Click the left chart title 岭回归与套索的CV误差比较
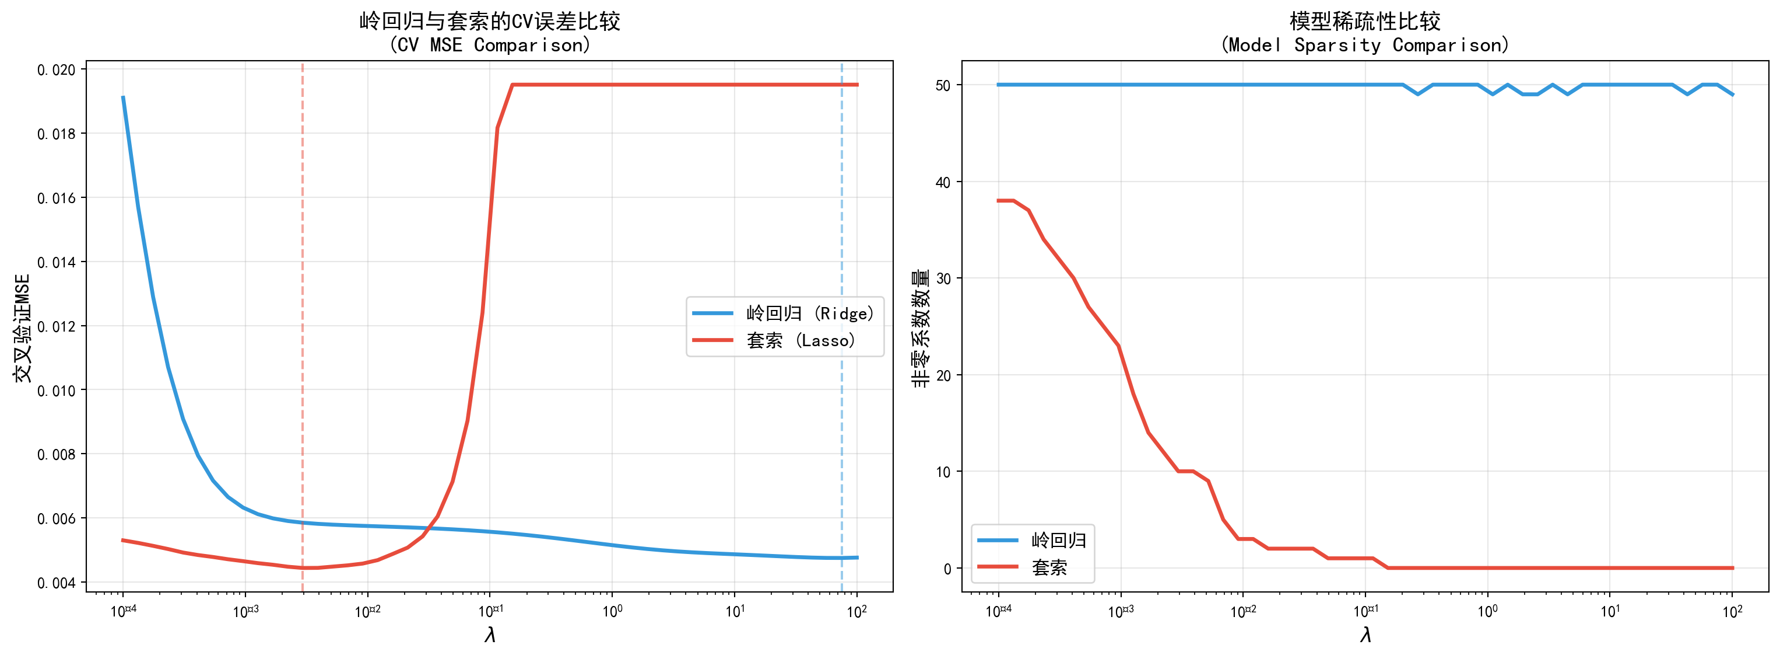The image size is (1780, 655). point(489,22)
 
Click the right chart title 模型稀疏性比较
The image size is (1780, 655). point(1365,22)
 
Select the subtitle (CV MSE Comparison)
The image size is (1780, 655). point(489,46)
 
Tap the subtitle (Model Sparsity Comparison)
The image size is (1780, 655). point(1365,46)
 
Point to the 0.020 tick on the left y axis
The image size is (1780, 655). point(56,70)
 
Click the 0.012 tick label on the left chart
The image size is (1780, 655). point(56,326)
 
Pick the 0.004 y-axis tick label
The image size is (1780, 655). point(56,583)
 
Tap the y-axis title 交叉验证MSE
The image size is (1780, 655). point(23,328)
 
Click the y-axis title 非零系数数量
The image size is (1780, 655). point(921,328)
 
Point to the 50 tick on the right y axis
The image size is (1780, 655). point(943,85)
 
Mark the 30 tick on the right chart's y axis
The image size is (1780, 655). point(943,278)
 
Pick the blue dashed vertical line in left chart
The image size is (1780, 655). point(842,207)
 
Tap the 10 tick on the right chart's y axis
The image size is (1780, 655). point(943,472)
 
